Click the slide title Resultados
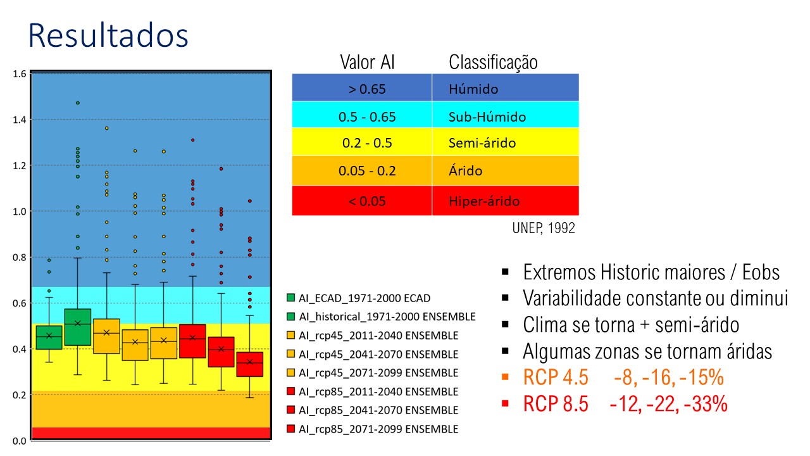coord(108,35)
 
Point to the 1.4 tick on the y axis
coord(20,120)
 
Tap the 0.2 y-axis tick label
coord(20,395)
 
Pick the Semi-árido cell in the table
coord(505,142)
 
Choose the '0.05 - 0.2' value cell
coord(362,171)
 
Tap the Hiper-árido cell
coord(505,201)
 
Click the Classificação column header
coord(493,62)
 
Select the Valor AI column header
coord(367,62)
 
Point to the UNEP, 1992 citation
coord(544,228)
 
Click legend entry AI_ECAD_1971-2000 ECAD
coord(358,298)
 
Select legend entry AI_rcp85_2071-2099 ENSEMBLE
coord(373,429)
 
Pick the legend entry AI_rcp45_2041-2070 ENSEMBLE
coord(373,354)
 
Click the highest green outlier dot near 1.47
coord(78,103)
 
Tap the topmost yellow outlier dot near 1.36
coord(107,128)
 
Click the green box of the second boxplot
coord(78,327)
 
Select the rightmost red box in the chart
coord(250,364)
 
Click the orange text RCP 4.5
coord(556,377)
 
